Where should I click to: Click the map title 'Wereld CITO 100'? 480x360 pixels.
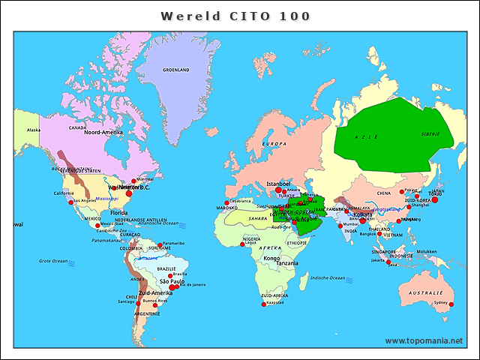(235, 15)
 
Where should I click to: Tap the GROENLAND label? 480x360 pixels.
(176, 70)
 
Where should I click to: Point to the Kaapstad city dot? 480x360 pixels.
(262, 304)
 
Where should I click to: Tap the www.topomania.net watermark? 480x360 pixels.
(424, 340)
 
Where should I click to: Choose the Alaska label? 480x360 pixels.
(34, 130)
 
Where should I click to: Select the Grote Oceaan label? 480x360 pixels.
(54, 260)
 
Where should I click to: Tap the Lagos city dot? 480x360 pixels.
(242, 244)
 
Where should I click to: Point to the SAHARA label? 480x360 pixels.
(258, 218)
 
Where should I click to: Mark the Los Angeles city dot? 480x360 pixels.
(72, 202)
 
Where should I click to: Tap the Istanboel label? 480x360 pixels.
(278, 183)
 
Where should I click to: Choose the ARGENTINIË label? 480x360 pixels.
(148, 313)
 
